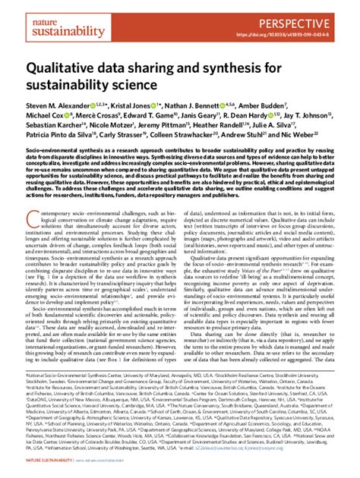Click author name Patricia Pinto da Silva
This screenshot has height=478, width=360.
[65, 139]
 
